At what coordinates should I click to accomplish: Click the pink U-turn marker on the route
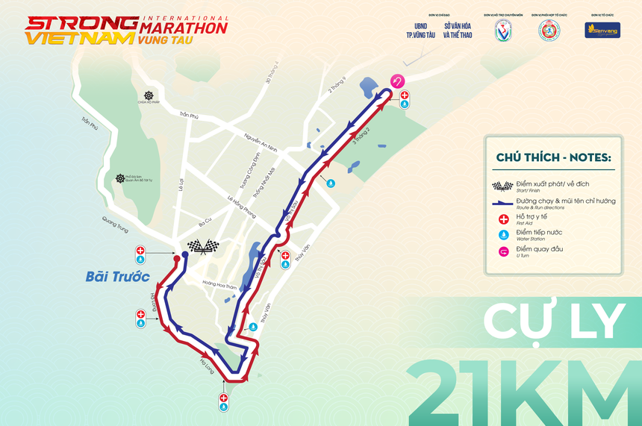click(x=398, y=81)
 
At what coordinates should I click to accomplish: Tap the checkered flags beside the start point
click(x=203, y=247)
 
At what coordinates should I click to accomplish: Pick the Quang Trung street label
click(x=105, y=225)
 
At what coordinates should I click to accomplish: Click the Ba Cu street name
click(x=205, y=224)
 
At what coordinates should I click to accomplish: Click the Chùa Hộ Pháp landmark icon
click(x=149, y=95)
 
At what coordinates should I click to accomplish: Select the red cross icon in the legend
click(x=502, y=219)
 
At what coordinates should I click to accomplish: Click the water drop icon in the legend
click(x=502, y=234)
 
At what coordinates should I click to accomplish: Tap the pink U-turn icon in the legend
click(x=502, y=251)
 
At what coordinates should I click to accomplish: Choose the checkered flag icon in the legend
click(x=502, y=186)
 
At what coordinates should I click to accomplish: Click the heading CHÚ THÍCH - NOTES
click(x=553, y=157)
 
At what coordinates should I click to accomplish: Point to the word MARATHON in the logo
click(x=183, y=28)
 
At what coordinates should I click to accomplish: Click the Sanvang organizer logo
click(x=602, y=31)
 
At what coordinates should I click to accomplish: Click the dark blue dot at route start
click(x=184, y=255)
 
